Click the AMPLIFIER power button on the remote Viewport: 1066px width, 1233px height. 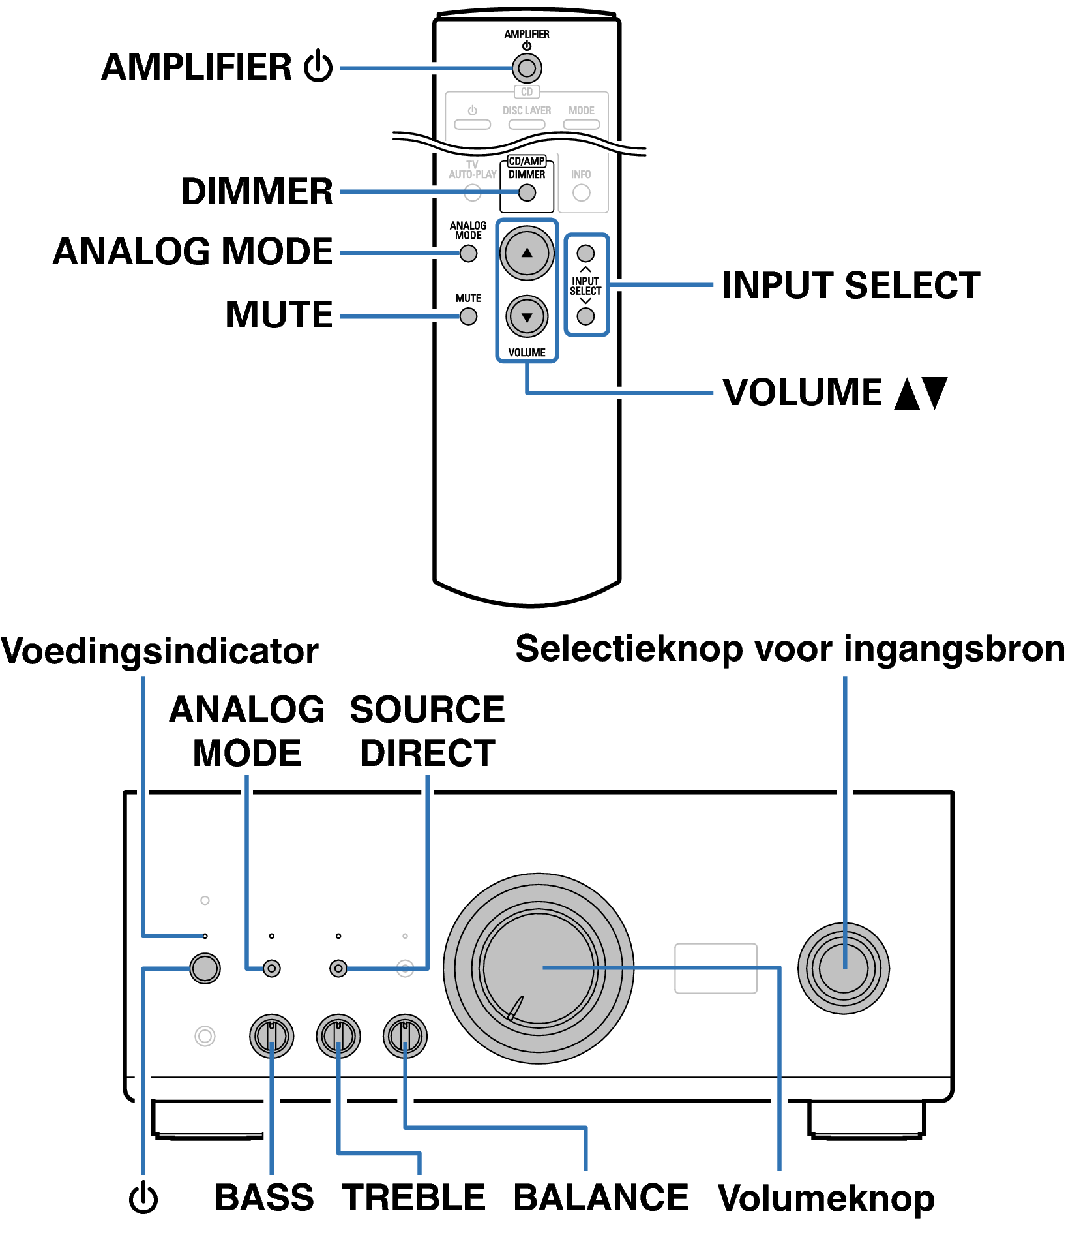[x=527, y=68]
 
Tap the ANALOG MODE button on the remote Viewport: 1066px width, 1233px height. [x=468, y=254]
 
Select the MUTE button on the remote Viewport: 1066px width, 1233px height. [x=468, y=316]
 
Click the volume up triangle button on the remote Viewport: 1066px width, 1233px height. [x=527, y=253]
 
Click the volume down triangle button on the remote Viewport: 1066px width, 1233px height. [x=527, y=317]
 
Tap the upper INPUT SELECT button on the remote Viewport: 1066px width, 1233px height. [x=585, y=252]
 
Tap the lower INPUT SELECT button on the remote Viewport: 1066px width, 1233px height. [x=585, y=316]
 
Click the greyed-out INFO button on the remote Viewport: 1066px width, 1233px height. [x=581, y=193]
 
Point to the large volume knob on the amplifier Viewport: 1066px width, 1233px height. [x=539, y=969]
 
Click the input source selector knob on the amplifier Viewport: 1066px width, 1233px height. [x=844, y=968]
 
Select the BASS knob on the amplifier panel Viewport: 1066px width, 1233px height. [x=271, y=1036]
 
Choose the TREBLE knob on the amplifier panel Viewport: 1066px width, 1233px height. [x=338, y=1036]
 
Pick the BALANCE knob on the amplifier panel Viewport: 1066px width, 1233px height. [x=405, y=1036]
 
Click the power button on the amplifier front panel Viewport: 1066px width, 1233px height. [x=205, y=968]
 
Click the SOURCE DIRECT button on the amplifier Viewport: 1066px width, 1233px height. [x=338, y=969]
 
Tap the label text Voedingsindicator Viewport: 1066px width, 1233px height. [x=160, y=652]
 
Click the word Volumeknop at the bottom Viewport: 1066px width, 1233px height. [x=826, y=1199]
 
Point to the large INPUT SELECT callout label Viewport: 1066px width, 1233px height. [x=851, y=286]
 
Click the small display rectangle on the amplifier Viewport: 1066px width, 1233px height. [x=716, y=968]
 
